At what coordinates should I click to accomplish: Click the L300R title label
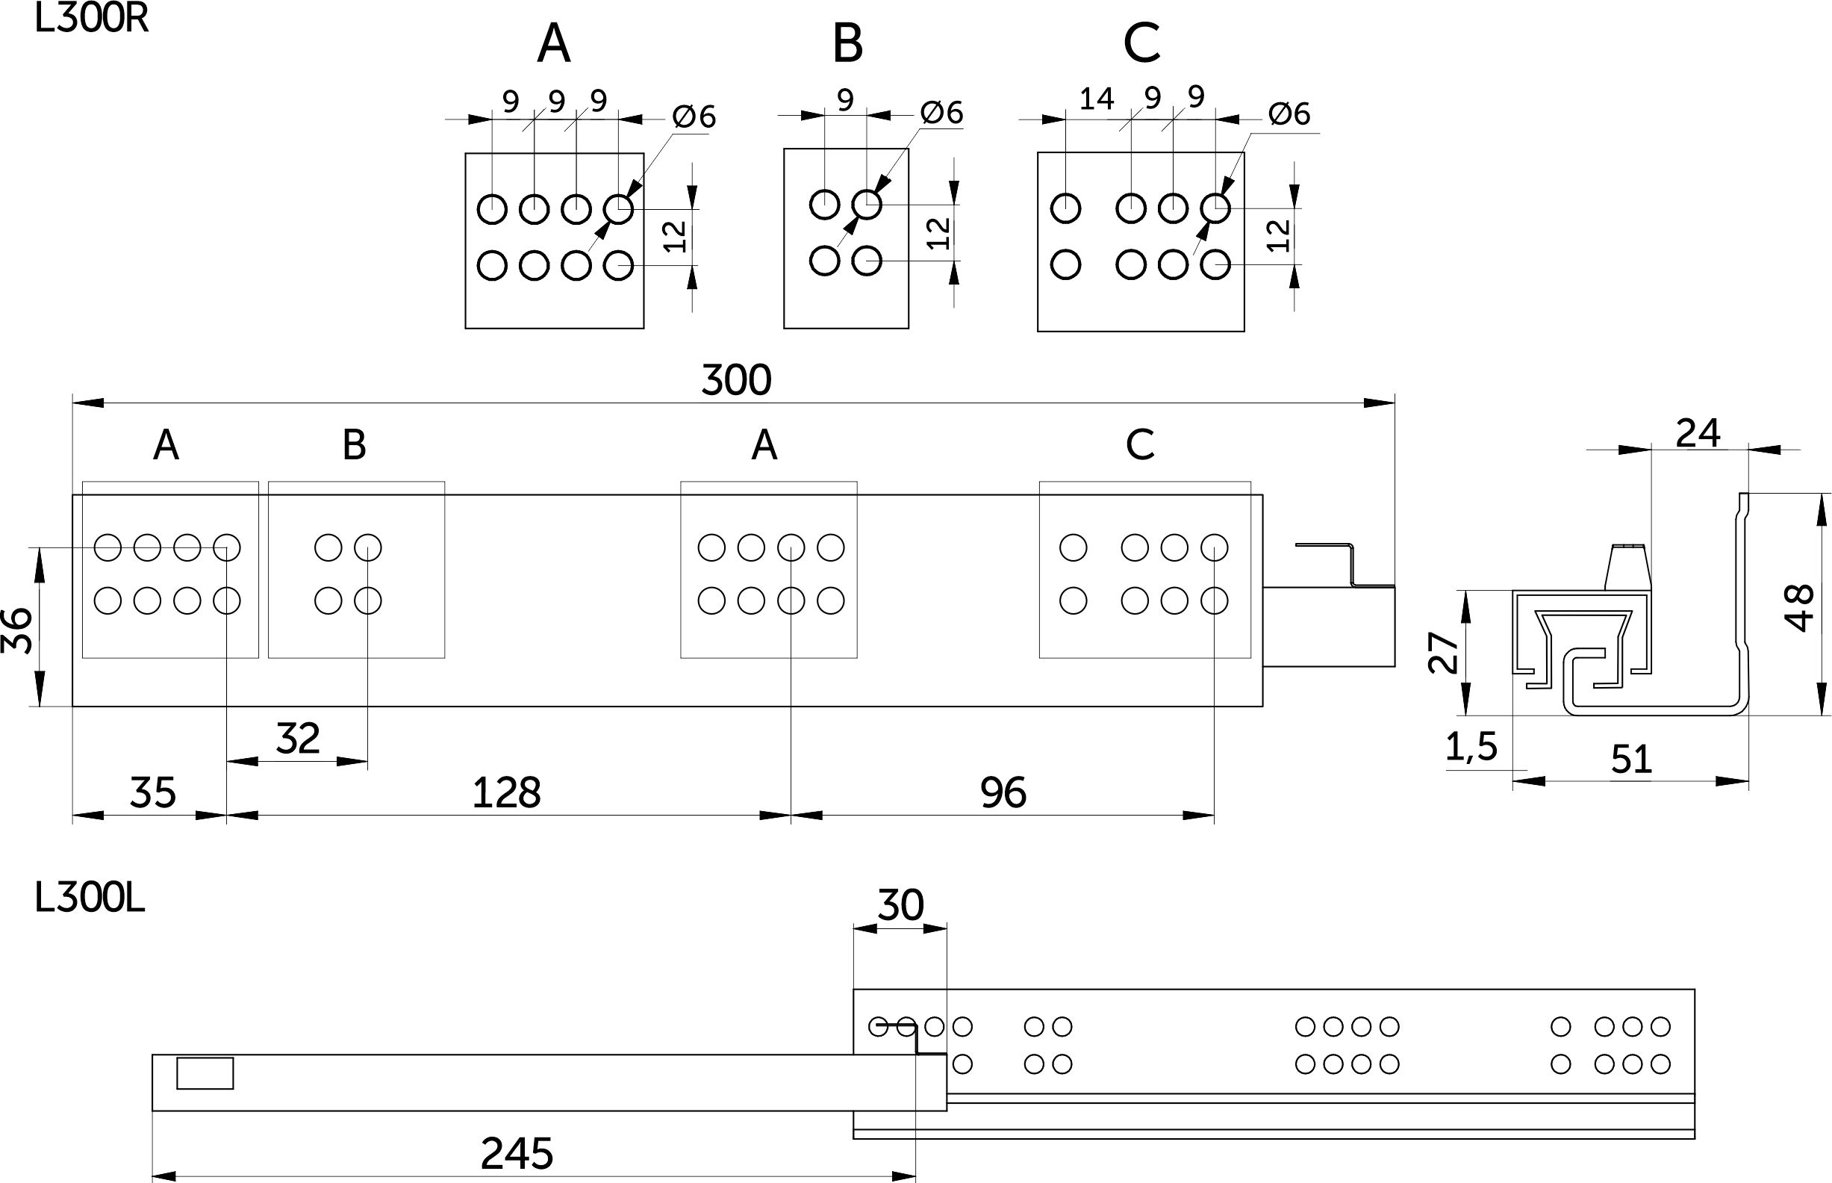coord(91,19)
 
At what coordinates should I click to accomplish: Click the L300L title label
coord(90,898)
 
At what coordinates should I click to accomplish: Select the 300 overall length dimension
coord(735,380)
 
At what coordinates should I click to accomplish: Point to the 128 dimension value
coord(506,792)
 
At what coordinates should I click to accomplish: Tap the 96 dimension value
coord(1003,792)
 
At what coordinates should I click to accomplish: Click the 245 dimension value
coord(517,1153)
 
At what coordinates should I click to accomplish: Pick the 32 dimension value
coord(298,739)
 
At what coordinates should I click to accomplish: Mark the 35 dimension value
coord(153,792)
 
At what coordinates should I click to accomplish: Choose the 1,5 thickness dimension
coord(1471,747)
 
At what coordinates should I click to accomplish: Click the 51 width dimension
coord(1631,760)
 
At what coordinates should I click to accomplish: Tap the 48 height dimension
coord(1799,608)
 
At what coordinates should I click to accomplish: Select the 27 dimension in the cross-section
coord(1443,652)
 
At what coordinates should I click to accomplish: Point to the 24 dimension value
coord(1698,433)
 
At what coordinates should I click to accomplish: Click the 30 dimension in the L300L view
coord(900,905)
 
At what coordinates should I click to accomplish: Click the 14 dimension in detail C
coord(1096,99)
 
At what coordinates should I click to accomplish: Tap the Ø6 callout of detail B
coord(941,113)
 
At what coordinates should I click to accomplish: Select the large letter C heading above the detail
coord(1141,44)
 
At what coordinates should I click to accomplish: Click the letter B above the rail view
coord(354,444)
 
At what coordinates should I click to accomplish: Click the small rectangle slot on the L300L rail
coord(205,1073)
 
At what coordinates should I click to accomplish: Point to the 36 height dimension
coord(17,630)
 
